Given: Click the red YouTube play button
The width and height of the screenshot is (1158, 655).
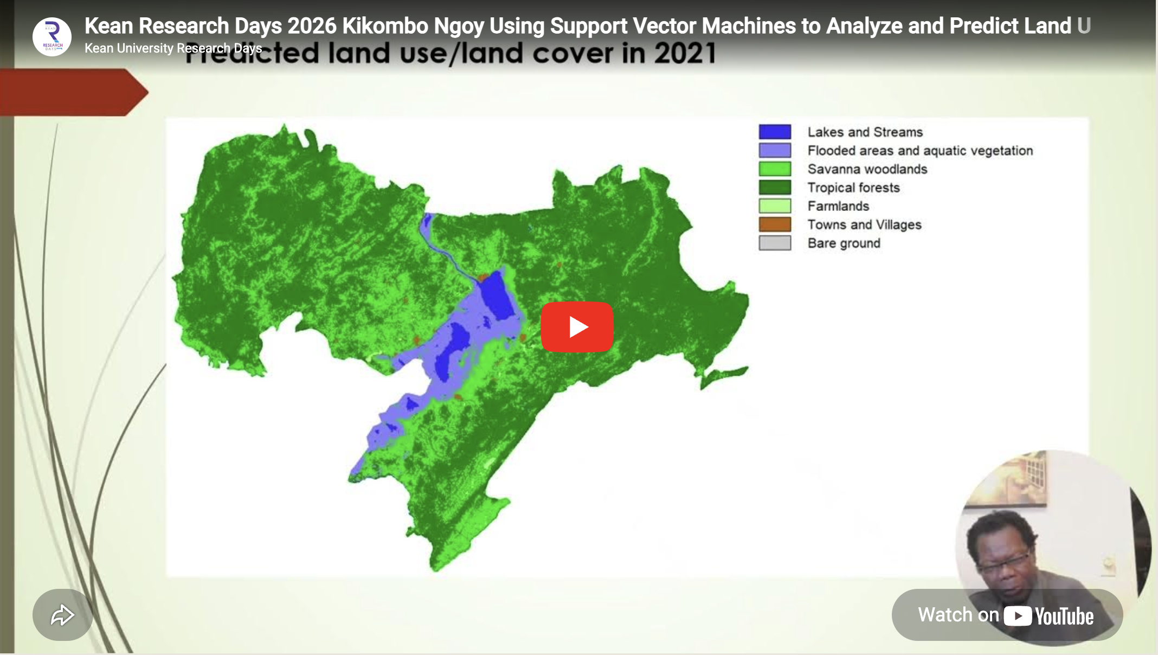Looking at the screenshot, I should pyautogui.click(x=577, y=327).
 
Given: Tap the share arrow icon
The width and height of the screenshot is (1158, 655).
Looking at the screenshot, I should pyautogui.click(x=62, y=615).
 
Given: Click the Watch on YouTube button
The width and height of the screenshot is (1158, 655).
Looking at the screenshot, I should pyautogui.click(x=1007, y=615).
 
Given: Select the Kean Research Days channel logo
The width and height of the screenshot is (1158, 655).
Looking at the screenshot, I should pyautogui.click(x=52, y=37).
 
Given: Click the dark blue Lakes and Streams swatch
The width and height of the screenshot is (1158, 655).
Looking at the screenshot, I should pyautogui.click(x=775, y=132).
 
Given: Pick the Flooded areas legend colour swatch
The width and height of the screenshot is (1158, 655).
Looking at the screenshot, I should pyautogui.click(x=775, y=150).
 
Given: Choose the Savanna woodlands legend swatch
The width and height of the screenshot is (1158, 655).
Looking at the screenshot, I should pyautogui.click(x=775, y=169).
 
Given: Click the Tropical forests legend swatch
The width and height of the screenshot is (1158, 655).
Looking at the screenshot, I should pyautogui.click(x=775, y=187).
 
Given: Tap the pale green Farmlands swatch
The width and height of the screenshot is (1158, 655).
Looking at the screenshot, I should pyautogui.click(x=775, y=206).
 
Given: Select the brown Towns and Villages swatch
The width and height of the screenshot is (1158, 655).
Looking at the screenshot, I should pyautogui.click(x=775, y=224).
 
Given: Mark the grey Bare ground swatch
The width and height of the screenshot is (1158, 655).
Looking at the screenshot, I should pyautogui.click(x=775, y=243).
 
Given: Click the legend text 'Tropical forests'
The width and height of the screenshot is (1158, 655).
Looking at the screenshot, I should pyautogui.click(x=853, y=188).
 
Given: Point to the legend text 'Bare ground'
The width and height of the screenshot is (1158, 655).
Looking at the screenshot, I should pyautogui.click(x=844, y=243).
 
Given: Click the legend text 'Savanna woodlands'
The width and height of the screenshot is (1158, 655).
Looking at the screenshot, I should pyautogui.click(x=867, y=169).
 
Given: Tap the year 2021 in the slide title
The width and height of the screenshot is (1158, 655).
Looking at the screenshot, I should pyautogui.click(x=685, y=54).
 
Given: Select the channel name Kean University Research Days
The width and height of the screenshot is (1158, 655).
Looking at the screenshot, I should pyautogui.click(x=173, y=48).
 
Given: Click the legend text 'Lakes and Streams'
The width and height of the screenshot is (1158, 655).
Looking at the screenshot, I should pyautogui.click(x=865, y=132).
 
